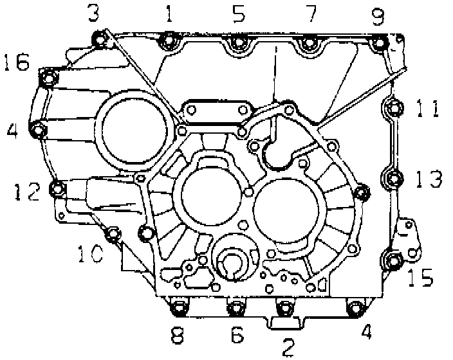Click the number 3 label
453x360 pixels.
(x=93, y=14)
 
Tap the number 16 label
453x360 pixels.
(x=17, y=62)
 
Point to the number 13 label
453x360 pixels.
(x=429, y=179)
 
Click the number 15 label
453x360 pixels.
(x=421, y=277)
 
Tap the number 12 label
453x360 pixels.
(x=28, y=192)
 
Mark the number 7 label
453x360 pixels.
(x=311, y=14)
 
